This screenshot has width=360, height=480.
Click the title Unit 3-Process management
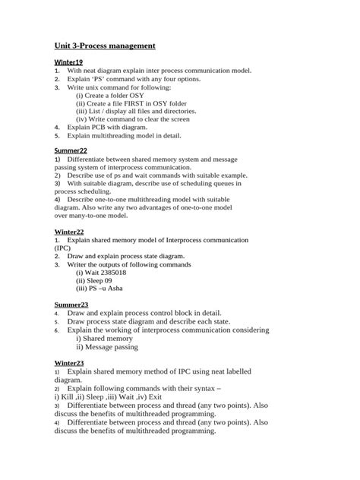point(105,46)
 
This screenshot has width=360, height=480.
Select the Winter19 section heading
point(68,61)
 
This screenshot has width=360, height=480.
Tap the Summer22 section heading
point(71,151)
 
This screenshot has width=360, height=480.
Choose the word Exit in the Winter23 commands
point(154,397)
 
